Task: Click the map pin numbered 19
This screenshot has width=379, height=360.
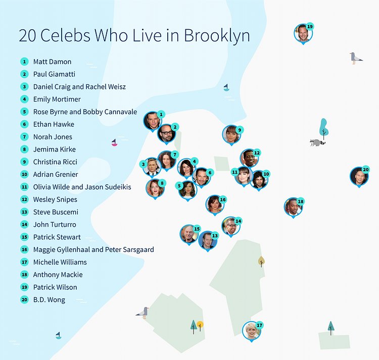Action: click(x=303, y=33)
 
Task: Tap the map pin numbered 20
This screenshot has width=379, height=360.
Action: click(x=359, y=176)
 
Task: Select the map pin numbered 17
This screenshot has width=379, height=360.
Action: click(x=251, y=331)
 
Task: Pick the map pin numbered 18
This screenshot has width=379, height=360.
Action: click(x=293, y=207)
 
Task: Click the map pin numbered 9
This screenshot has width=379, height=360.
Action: click(x=231, y=135)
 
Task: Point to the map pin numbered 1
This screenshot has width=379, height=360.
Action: click(x=153, y=121)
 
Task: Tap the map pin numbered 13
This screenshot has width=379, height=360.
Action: click(x=208, y=240)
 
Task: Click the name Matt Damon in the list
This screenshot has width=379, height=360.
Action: click(x=52, y=62)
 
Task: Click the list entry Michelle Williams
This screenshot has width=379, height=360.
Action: click(x=60, y=262)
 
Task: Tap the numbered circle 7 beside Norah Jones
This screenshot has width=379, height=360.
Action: click(x=24, y=137)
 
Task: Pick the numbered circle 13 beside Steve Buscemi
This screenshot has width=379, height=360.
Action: click(x=24, y=212)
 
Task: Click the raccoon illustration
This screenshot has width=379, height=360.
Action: click(x=317, y=142)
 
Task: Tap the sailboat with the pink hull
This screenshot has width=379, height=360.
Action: click(x=114, y=143)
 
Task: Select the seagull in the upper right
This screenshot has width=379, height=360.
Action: click(x=356, y=58)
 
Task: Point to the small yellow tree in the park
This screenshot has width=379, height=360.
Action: click(x=201, y=325)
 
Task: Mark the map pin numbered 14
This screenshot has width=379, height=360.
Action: click(x=230, y=226)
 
